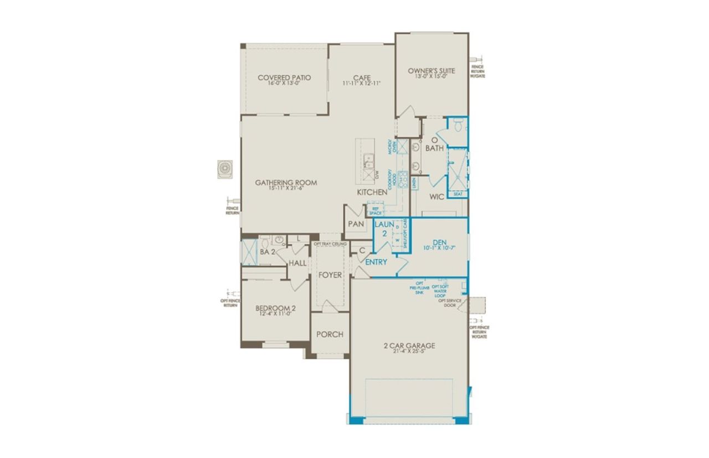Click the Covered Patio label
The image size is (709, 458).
click(284, 78)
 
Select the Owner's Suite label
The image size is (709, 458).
click(431, 71)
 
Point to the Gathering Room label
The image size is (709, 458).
click(286, 182)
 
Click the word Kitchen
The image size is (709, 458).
click(372, 192)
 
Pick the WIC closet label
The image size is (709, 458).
click(437, 197)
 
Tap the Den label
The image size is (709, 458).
click(440, 243)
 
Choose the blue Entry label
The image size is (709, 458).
click(376, 262)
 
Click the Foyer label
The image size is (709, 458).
click(330, 275)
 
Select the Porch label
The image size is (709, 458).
click(330, 335)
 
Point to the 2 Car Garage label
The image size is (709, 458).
click(409, 346)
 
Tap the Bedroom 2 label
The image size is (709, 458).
click(275, 308)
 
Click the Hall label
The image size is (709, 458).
click(297, 263)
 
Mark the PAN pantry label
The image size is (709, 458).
click(355, 224)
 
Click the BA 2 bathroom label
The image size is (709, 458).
click(268, 252)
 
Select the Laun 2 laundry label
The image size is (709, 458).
click(384, 229)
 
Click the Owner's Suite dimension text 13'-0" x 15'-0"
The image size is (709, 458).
click(431, 77)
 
